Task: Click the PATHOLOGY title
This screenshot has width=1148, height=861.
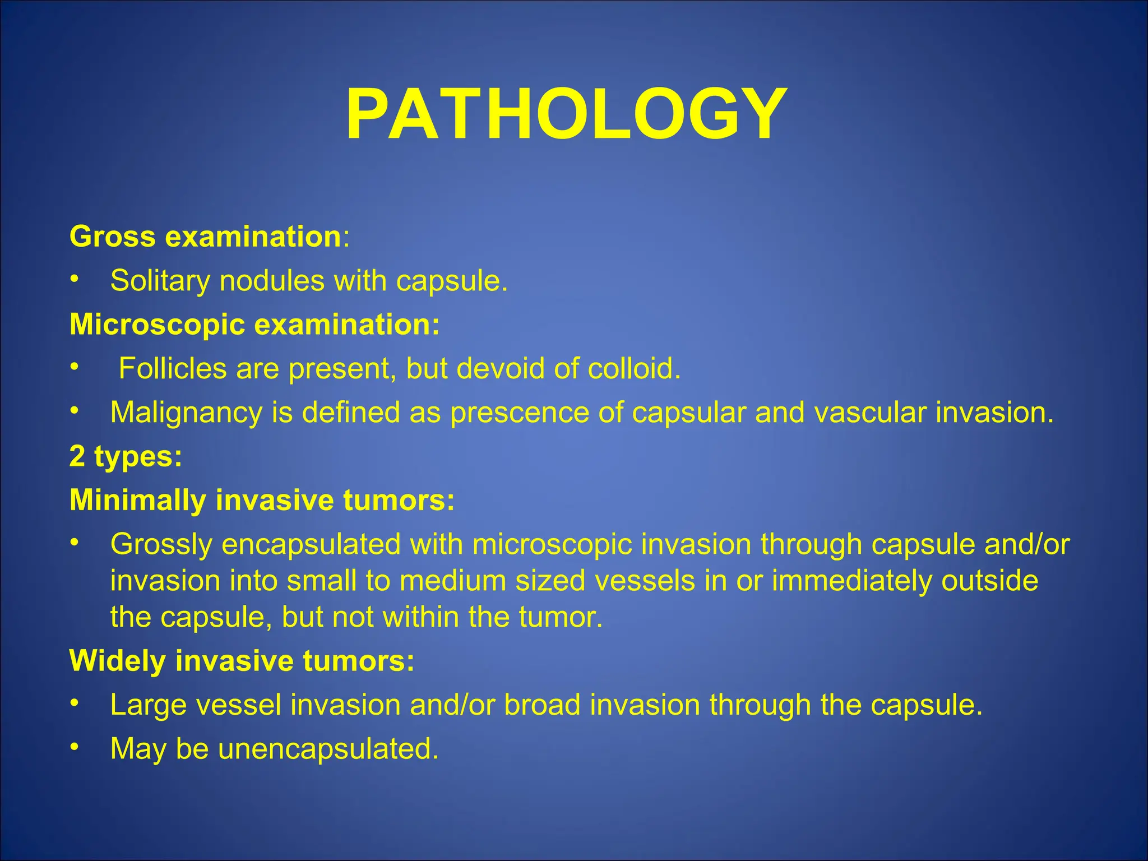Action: point(566,115)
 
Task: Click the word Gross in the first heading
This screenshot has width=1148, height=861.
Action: point(112,237)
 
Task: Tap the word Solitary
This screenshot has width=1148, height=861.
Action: point(160,281)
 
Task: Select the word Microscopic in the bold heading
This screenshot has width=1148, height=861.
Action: point(157,325)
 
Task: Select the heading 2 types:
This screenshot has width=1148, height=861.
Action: point(126,457)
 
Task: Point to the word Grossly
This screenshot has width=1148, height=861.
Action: point(161,545)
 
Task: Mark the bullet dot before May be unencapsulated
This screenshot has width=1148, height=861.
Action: point(74,748)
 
